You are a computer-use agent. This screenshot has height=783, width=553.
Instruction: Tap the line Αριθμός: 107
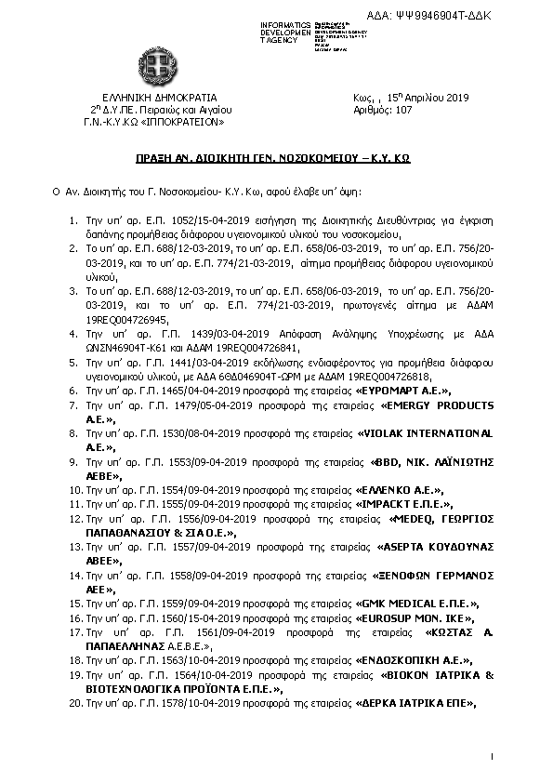pyautogui.click(x=383, y=109)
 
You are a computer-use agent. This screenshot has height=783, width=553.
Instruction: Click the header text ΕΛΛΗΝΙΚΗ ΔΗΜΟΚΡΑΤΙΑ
pyautogui.click(x=159, y=97)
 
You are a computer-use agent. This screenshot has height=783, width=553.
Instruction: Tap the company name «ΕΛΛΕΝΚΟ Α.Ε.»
pyautogui.click(x=400, y=489)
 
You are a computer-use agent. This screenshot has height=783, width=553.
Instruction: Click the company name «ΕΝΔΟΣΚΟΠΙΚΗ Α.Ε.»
pyautogui.click(x=415, y=659)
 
